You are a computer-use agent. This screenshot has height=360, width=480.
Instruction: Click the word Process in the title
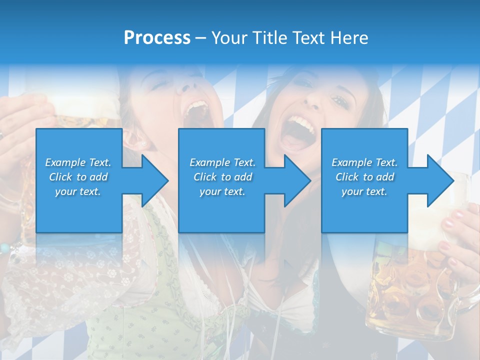click(x=157, y=38)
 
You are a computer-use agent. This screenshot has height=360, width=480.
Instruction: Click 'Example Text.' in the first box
click(x=78, y=162)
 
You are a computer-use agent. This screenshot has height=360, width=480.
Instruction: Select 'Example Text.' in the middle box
click(x=222, y=162)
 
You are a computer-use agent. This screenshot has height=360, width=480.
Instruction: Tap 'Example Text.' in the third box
click(x=364, y=162)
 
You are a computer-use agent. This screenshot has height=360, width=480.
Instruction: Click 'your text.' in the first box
click(x=78, y=191)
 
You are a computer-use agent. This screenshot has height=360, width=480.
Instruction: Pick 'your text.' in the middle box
click(x=222, y=191)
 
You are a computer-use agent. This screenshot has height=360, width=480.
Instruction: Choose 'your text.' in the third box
click(x=364, y=191)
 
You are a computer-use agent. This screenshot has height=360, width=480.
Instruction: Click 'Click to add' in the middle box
click(x=222, y=177)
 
